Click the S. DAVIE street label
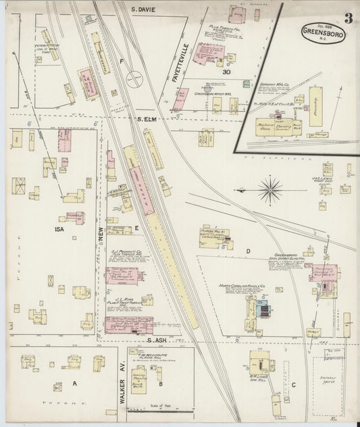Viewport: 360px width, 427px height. (x=143, y=10)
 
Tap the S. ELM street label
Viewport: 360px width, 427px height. (x=143, y=119)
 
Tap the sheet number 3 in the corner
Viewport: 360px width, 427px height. (x=347, y=18)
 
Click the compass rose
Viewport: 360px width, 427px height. (x=270, y=189)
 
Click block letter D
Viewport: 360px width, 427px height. (x=248, y=251)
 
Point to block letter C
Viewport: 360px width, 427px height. (x=294, y=384)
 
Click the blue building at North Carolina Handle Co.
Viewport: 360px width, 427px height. (x=263, y=311)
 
